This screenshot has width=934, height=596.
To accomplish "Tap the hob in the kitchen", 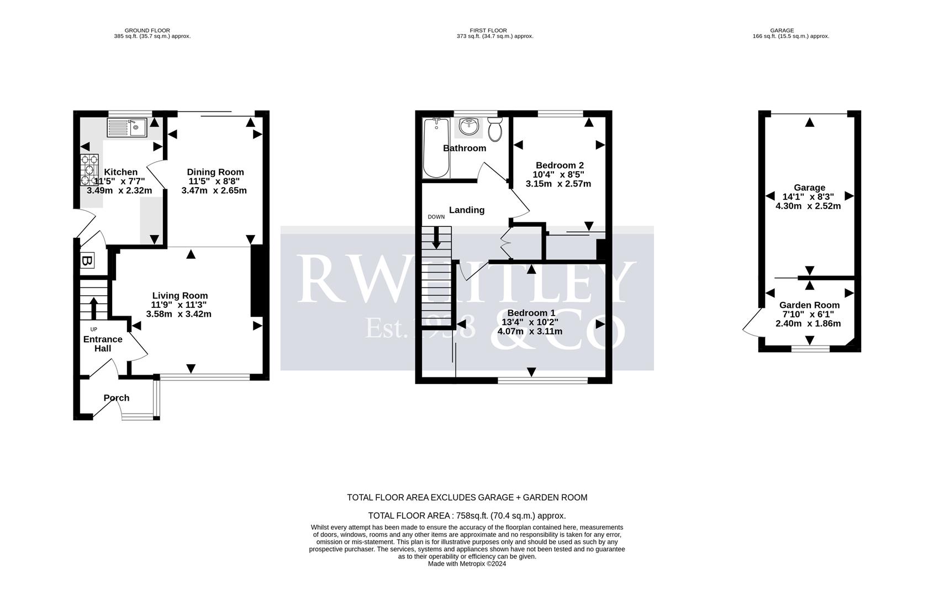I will tap(89, 171).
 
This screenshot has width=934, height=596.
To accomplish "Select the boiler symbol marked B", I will tap(87, 261).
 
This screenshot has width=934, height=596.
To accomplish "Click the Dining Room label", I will tap(215, 172).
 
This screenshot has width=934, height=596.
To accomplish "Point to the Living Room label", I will tap(180, 296).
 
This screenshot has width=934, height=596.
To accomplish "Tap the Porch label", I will tap(117, 398).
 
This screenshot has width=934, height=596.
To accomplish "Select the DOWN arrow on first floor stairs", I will tap(436, 237).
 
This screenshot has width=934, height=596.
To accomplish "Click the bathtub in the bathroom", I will tap(436, 148).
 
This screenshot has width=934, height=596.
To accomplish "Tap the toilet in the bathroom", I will tap(494, 130).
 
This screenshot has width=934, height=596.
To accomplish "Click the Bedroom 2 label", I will tap(560, 165).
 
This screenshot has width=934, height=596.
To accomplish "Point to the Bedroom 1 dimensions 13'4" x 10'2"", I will tap(530, 322).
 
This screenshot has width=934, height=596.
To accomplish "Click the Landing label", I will tap(467, 210).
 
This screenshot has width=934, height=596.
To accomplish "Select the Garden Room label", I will tap(809, 305).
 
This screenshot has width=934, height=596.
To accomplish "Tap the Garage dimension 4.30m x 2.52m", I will tap(808, 206).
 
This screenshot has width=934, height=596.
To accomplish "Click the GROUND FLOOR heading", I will tap(147, 30).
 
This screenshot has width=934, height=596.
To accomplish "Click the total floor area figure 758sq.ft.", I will tap(473, 516).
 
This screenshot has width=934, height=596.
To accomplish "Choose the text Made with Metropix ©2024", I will tap(467, 564).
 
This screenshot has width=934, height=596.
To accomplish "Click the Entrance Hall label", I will tap(103, 344).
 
